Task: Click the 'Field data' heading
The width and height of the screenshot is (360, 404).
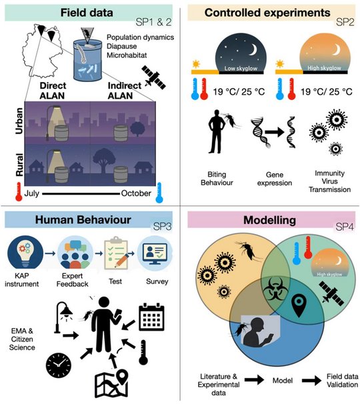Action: [87, 13]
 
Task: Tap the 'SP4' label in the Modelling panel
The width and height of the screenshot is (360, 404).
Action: [344, 227]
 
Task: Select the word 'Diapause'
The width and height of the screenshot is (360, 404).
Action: [121, 47]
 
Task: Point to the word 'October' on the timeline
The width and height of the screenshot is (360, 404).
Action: [136, 193]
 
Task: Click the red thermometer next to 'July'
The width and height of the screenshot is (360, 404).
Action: [19, 192]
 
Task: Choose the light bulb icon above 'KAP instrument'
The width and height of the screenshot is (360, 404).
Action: [25, 253]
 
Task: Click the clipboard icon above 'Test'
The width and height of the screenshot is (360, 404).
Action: [116, 253]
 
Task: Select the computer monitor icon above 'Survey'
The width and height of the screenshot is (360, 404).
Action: [155, 253]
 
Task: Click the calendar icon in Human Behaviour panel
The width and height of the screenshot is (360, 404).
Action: [151, 317]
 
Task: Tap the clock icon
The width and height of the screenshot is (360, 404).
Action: [59, 365]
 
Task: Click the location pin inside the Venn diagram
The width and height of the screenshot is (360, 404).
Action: [299, 305]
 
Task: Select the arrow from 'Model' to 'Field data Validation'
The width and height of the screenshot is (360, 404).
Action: [311, 380]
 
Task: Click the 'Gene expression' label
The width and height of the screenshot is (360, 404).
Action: [275, 179]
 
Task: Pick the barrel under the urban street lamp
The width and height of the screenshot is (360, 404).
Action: [61, 133]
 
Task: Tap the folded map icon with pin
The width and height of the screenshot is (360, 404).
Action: [111, 383]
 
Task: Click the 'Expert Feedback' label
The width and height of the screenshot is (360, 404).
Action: [72, 280]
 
